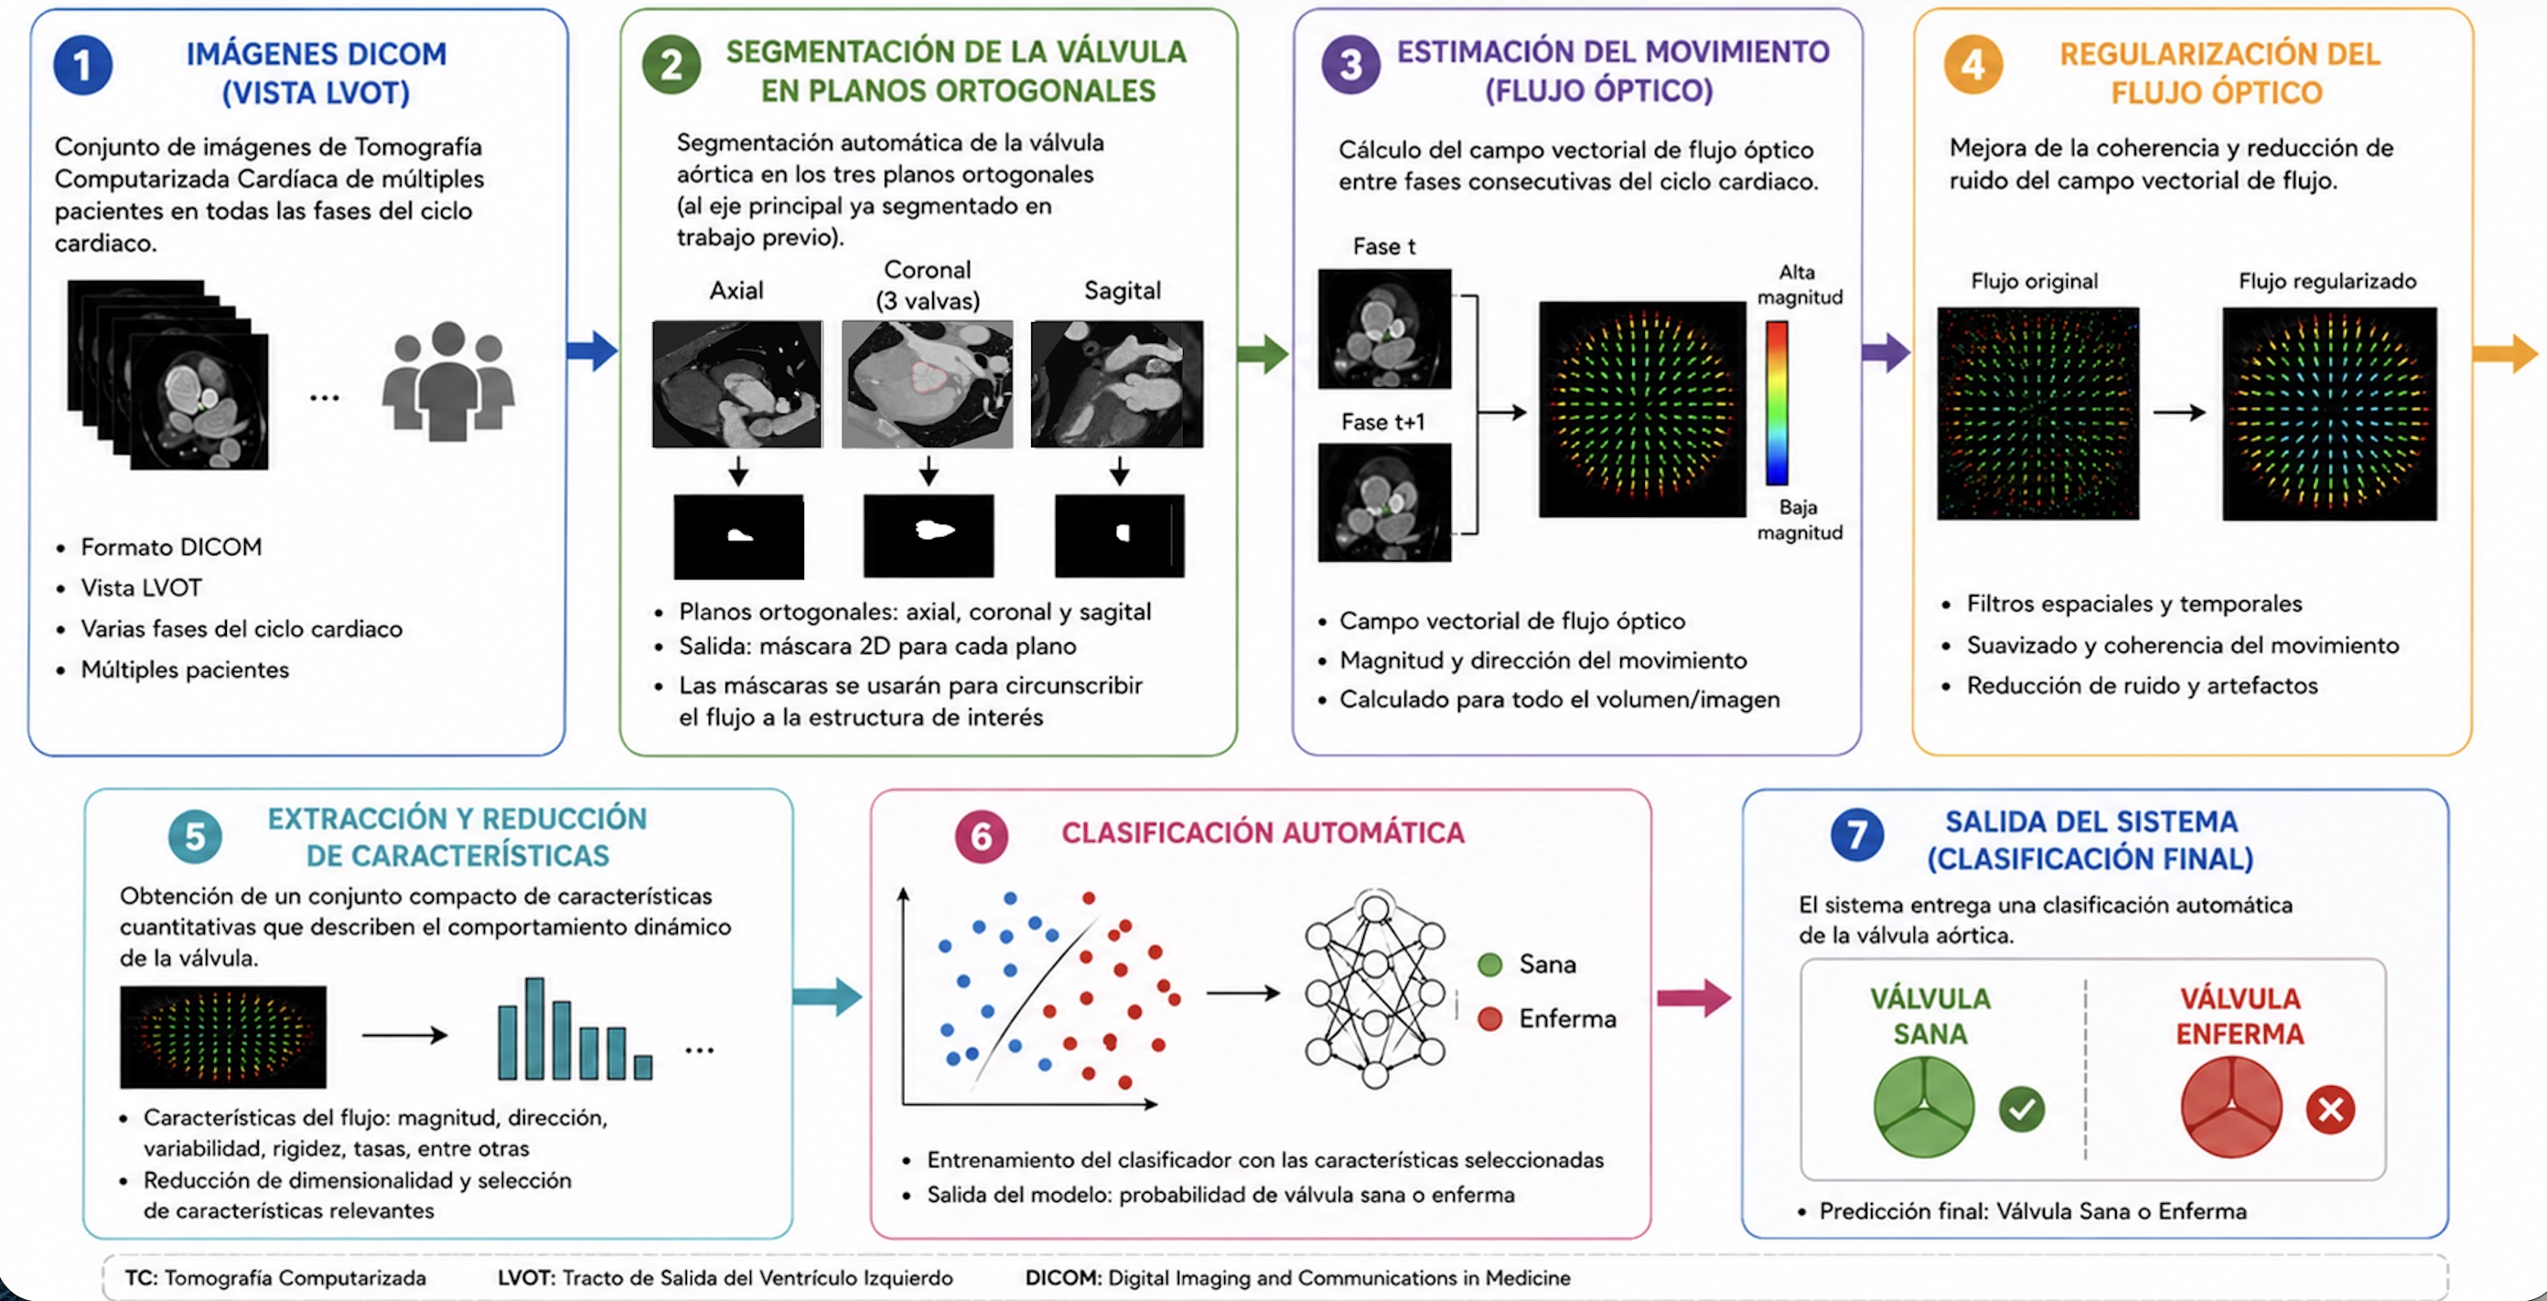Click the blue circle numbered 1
[82, 65]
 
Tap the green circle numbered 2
[672, 64]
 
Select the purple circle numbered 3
[1350, 64]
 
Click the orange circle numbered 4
[1972, 64]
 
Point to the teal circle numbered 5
[195, 836]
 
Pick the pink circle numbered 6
[981, 836]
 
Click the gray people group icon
[448, 381]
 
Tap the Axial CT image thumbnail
[736, 383]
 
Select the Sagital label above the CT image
[1123, 290]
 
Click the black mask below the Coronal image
[929, 536]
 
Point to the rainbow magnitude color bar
[1777, 403]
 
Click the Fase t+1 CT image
[1384, 502]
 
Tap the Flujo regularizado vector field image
[2329, 414]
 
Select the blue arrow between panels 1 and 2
[592, 350]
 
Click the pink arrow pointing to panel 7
[1693, 996]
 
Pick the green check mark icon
[2021, 1109]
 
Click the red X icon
[2329, 1109]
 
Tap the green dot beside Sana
[1489, 964]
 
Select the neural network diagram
[1374, 989]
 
